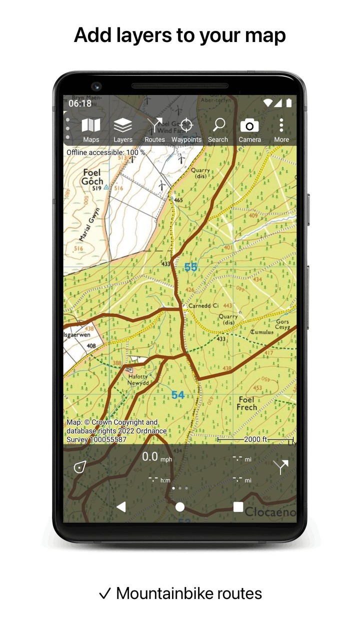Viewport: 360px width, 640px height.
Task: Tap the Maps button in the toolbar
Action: [x=91, y=129]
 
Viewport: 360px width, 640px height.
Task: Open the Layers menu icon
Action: [x=122, y=129]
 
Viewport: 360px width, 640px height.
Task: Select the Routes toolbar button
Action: [x=154, y=129]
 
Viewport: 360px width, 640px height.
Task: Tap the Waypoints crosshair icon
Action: [x=186, y=129]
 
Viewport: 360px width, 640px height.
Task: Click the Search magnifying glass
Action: [x=218, y=129]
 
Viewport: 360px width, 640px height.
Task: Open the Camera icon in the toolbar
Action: [x=249, y=129]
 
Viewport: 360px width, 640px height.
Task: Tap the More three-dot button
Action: [x=281, y=129]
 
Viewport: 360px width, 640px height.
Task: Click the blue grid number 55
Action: [x=190, y=267]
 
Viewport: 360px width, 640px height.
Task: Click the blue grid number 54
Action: [x=178, y=395]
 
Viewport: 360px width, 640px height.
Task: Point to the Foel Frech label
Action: [x=246, y=403]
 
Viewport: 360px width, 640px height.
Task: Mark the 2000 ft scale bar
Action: [x=256, y=439]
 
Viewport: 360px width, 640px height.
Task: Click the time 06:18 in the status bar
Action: [x=80, y=103]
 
